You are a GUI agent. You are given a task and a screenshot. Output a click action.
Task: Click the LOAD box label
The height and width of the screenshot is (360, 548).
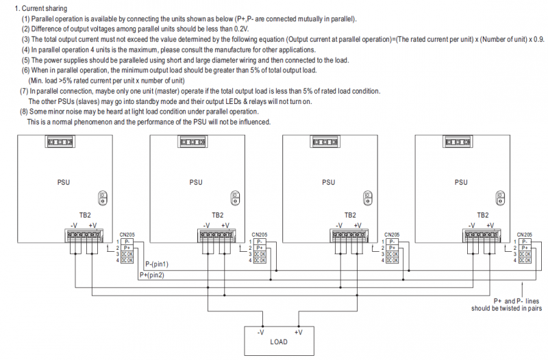(x=279, y=342)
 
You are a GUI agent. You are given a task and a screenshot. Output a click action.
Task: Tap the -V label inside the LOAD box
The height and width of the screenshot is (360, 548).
(x=260, y=333)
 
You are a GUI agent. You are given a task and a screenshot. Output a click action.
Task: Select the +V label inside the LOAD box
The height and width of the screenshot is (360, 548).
(x=298, y=333)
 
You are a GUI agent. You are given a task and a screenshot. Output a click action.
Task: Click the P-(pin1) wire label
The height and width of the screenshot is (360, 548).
(x=157, y=264)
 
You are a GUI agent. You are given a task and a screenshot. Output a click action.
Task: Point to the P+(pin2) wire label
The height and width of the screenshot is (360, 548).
(x=151, y=275)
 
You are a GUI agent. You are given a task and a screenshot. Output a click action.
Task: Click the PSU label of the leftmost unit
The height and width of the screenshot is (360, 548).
(x=64, y=182)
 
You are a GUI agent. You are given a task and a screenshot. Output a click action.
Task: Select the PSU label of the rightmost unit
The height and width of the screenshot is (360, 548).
(x=461, y=182)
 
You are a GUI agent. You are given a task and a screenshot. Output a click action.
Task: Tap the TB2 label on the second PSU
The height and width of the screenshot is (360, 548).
(x=217, y=215)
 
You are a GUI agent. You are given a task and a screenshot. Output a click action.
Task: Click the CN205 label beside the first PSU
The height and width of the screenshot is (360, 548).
(x=127, y=235)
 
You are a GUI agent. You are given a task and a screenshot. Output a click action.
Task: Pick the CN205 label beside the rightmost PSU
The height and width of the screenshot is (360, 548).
(x=525, y=235)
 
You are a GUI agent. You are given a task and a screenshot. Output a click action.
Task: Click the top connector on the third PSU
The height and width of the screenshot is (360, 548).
(x=325, y=142)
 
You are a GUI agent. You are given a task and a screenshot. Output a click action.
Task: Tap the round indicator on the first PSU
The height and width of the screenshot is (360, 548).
(x=102, y=198)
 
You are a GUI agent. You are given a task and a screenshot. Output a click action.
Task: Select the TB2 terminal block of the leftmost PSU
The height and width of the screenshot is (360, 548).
(x=84, y=235)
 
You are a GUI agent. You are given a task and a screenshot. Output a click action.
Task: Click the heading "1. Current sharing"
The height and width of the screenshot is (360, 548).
(x=41, y=8)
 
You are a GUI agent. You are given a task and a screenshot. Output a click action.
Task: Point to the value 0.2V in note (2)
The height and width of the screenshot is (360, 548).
(x=242, y=29)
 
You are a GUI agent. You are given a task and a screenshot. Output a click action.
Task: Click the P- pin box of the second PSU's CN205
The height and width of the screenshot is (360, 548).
(x=260, y=242)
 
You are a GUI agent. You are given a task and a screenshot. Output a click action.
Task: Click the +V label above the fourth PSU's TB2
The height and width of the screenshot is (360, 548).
(x=490, y=226)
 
